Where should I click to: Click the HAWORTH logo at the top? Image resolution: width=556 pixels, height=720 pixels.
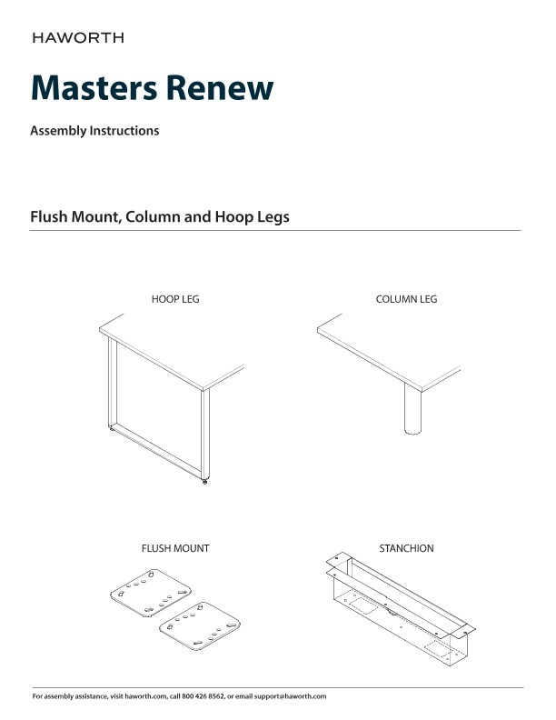(x=78, y=38)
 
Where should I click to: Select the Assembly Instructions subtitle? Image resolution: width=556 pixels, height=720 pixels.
(x=94, y=131)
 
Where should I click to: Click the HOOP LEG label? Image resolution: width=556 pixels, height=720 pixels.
(x=175, y=299)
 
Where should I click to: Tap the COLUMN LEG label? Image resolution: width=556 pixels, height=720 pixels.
(x=406, y=299)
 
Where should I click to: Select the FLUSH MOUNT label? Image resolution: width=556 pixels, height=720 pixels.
(x=175, y=549)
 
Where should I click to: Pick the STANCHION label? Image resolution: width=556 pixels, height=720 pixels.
(x=406, y=549)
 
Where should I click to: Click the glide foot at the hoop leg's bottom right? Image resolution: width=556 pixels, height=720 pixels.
(x=204, y=483)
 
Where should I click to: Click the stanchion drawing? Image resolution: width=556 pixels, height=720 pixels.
(x=400, y=614)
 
